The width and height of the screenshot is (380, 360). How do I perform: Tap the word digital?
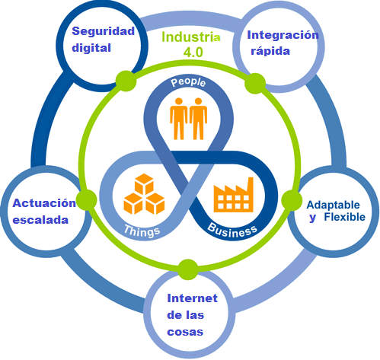[92, 47]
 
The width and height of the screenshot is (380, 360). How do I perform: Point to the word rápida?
[272, 51]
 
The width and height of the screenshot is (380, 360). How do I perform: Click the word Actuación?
[44, 203]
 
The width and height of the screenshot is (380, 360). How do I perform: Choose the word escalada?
[40, 220]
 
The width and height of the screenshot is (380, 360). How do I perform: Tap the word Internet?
[192, 297]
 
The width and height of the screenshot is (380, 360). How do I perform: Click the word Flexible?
[344, 218]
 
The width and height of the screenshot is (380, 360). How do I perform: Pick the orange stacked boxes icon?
[144, 195]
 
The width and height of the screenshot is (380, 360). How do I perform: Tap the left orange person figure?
[179, 117]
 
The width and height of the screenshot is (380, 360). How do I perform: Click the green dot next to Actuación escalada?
[87, 199]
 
